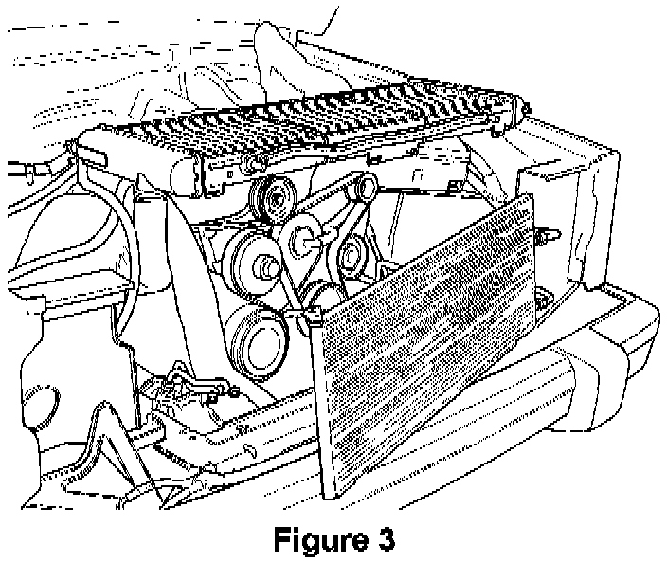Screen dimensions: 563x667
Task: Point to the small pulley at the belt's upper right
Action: pyautogui.click(x=359, y=192)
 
